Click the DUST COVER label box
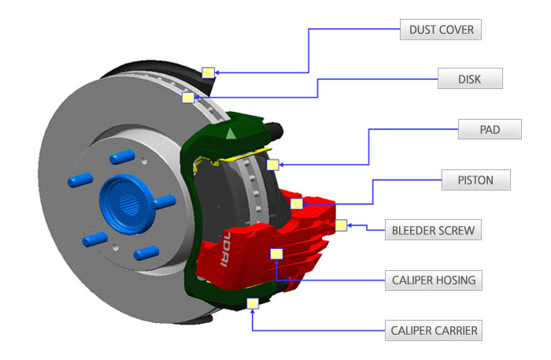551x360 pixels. tap(441, 30)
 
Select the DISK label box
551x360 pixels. tap(469, 79)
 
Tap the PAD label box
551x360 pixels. tap(490, 129)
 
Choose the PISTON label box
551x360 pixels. tap(475, 180)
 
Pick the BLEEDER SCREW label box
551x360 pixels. tap(432, 231)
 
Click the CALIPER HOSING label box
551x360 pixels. tap(433, 280)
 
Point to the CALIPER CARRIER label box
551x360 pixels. tap(434, 330)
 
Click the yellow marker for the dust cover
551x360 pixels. tap(208, 72)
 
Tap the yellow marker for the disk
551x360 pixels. tap(188, 98)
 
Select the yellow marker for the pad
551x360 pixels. tap(273, 165)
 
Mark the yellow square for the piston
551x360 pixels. tap(296, 204)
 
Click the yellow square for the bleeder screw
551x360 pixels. tap(341, 225)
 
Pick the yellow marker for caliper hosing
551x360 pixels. tap(275, 254)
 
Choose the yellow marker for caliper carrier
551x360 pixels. tap(253, 303)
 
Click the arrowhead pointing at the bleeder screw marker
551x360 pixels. tap(350, 225)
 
